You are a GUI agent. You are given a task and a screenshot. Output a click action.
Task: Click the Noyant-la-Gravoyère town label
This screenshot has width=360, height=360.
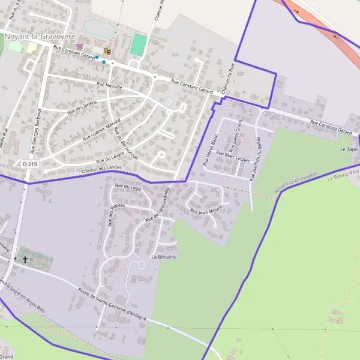click(40, 36)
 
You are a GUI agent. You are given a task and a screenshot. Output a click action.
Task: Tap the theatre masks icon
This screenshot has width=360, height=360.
click(107, 52)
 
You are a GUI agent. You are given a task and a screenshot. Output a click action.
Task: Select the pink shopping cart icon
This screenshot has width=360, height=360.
click(80, 46)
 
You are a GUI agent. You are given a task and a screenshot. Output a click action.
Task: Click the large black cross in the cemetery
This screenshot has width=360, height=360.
click(25, 260)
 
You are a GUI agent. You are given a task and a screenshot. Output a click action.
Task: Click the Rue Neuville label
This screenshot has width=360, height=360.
click(110, 86)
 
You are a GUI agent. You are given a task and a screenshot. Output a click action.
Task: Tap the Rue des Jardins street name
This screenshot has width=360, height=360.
click(82, 106)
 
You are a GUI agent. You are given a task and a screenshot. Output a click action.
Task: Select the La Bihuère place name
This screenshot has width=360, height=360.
click(163, 257)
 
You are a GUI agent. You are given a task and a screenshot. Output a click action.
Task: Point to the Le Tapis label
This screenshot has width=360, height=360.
click(349, 149)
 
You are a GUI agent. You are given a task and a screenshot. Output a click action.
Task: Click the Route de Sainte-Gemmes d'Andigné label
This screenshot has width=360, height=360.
click(112, 306)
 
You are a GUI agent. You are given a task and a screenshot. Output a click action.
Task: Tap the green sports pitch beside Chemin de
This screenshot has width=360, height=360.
click(139, 45)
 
